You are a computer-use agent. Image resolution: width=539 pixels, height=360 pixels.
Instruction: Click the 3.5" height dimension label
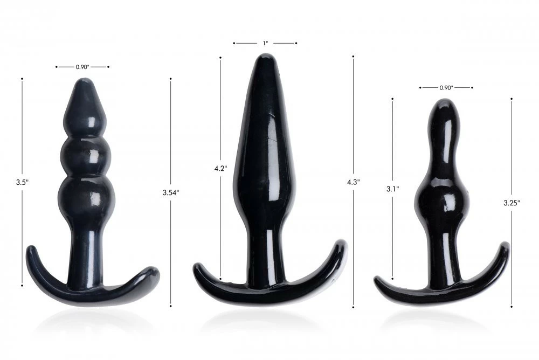22,182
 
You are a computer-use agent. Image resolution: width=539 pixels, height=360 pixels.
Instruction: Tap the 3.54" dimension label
171,192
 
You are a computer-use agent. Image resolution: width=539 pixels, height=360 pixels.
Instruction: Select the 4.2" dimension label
220,169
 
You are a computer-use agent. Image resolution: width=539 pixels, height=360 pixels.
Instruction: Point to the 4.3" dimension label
354,182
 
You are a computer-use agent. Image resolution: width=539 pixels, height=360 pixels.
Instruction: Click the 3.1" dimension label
392,189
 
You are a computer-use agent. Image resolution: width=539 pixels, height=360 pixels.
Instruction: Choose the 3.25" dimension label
512,203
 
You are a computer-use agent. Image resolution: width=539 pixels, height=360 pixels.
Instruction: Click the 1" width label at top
265,43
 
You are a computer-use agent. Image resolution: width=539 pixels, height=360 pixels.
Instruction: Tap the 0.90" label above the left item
82,67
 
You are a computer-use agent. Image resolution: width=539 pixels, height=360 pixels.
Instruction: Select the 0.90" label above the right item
446,88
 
